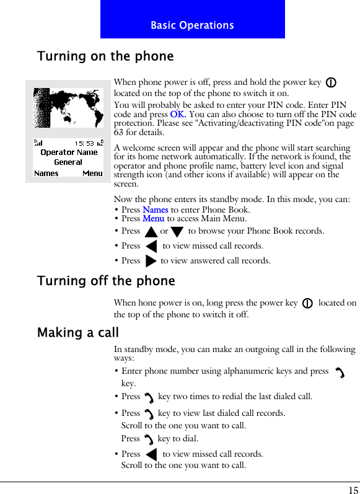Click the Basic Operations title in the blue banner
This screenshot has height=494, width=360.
[x=192, y=25]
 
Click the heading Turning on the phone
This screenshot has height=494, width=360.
[x=105, y=56]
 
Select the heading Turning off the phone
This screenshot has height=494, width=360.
[x=106, y=281]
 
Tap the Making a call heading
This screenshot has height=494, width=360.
[x=78, y=333]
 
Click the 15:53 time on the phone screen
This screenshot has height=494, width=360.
[x=84, y=143]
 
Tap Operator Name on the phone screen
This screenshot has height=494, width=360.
[x=69, y=152]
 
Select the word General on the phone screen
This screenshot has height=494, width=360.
[x=68, y=162]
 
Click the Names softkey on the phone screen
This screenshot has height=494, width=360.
[x=46, y=173]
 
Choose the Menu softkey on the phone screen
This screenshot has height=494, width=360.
[x=92, y=173]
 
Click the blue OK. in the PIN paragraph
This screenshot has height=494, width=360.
[x=178, y=115]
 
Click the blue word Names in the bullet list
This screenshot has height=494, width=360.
[x=155, y=210]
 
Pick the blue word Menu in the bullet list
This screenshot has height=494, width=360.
[x=153, y=218]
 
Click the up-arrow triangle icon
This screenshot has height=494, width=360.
[x=150, y=232]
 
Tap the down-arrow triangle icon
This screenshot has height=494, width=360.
[x=177, y=232]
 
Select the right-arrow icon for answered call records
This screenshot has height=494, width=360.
[x=151, y=260]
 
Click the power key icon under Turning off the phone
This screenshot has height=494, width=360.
[x=307, y=304]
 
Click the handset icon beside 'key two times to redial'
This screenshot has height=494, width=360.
[x=149, y=397]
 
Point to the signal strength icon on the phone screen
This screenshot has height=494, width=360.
[x=38, y=143]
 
